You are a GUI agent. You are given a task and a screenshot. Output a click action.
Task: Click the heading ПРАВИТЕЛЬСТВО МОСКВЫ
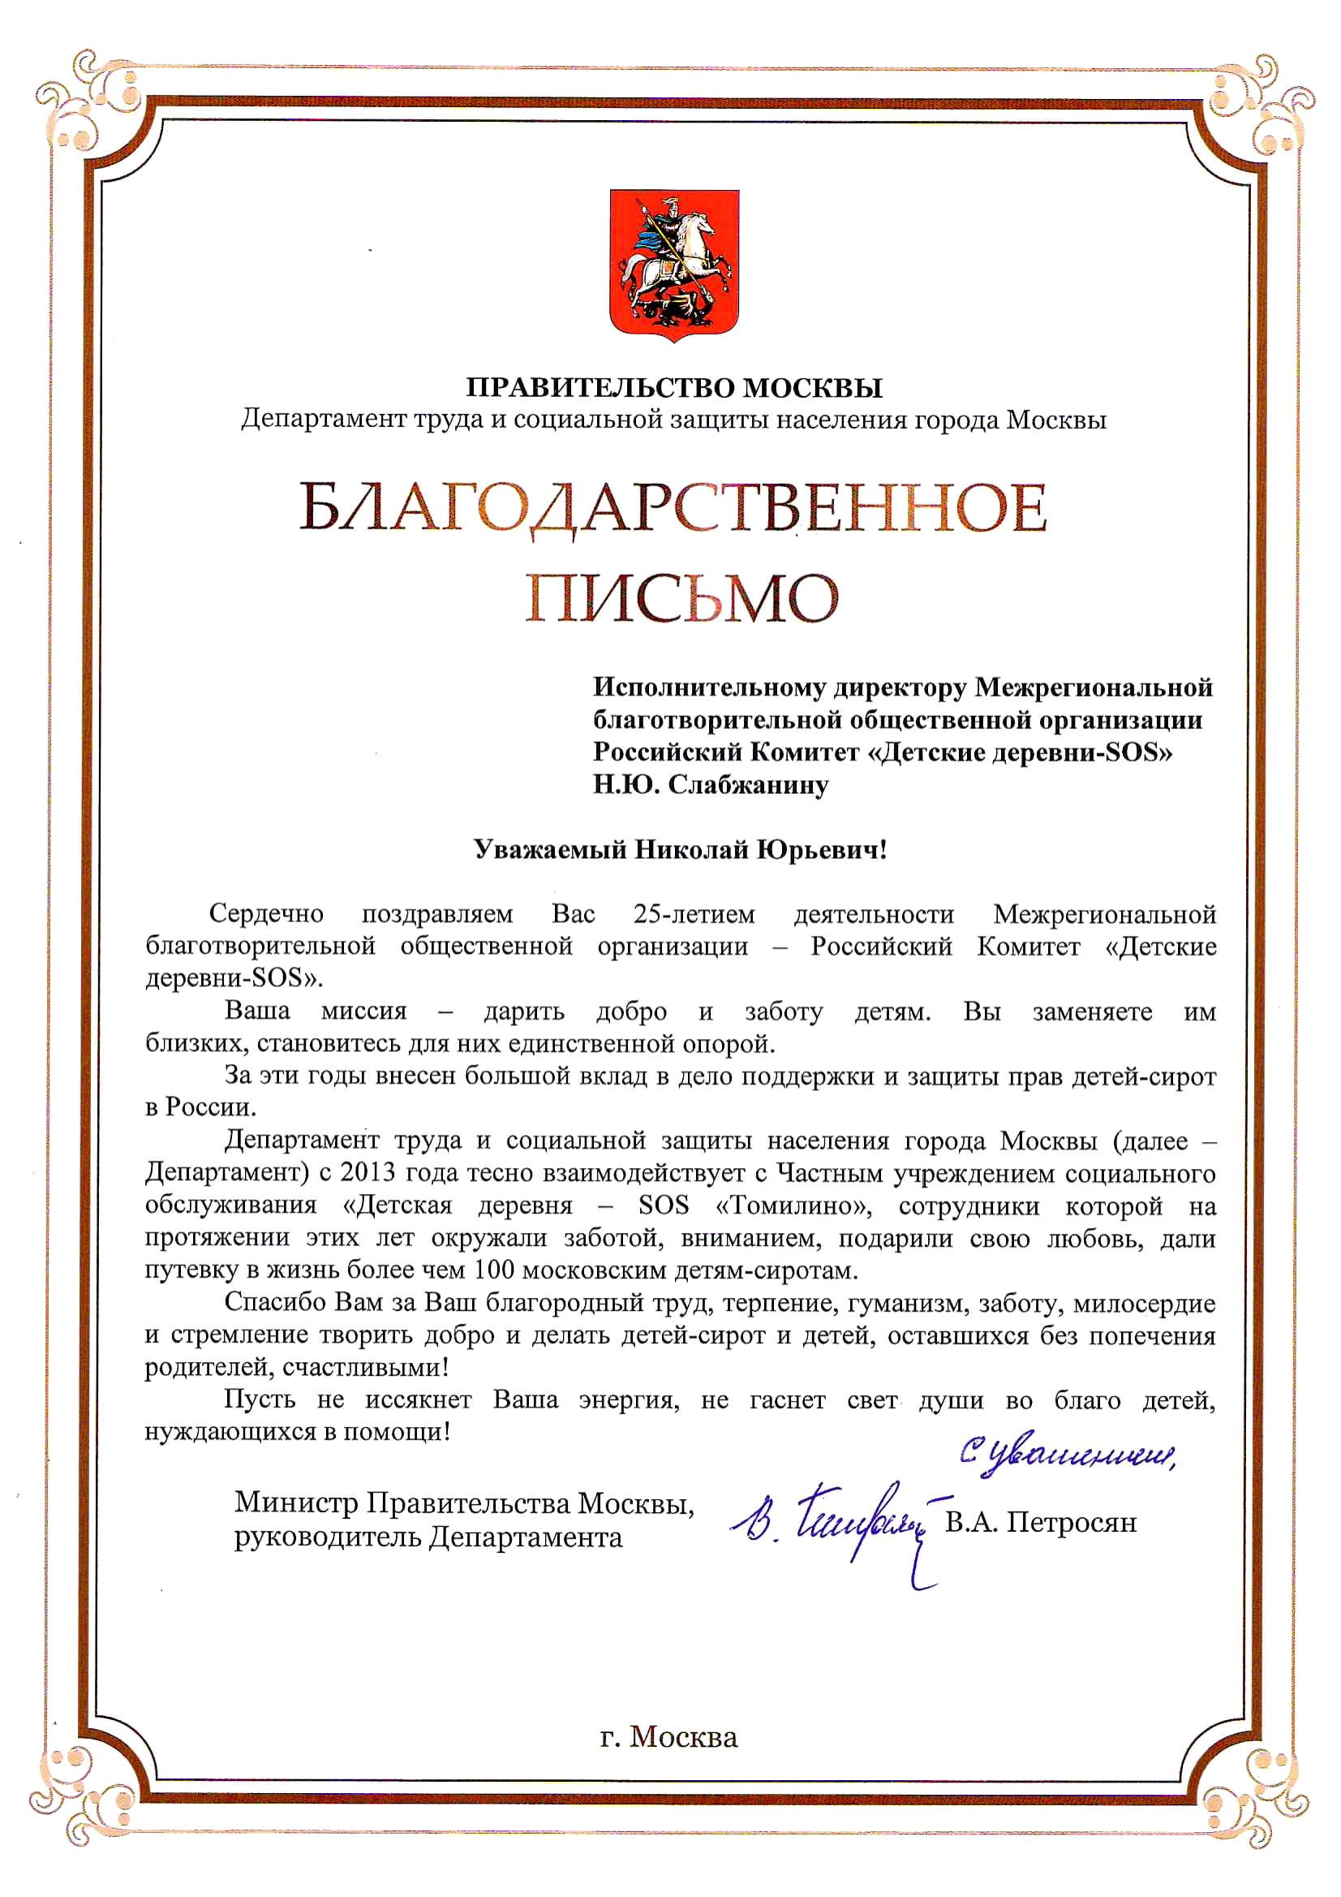click(x=674, y=386)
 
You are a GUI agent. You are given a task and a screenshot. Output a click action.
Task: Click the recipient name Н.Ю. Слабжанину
click(x=710, y=784)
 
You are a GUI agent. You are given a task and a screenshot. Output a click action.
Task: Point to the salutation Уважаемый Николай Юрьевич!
click(x=681, y=849)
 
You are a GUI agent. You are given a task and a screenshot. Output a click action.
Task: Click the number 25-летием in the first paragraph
click(x=694, y=915)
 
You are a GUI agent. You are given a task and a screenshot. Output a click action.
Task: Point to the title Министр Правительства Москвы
click(x=464, y=1503)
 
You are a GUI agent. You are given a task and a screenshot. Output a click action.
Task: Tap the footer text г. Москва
click(x=668, y=1737)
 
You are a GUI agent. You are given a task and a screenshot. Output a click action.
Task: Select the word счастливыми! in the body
click(x=366, y=1368)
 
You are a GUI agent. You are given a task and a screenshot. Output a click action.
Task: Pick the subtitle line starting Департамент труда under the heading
click(x=674, y=420)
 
